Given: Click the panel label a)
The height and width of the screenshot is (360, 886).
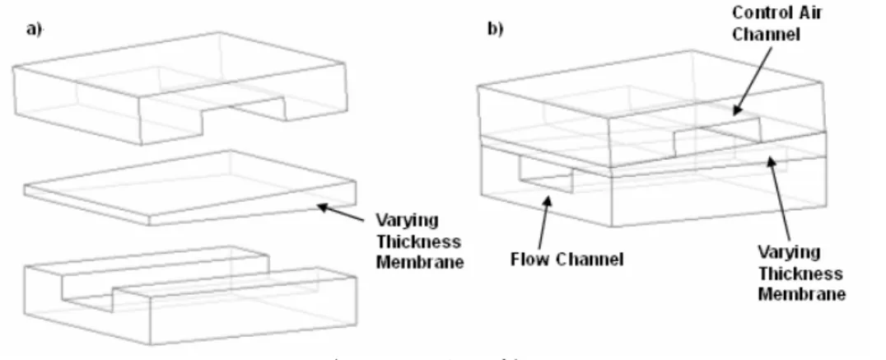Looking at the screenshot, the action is [x=34, y=30].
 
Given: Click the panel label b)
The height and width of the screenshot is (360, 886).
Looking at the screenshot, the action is [x=496, y=29].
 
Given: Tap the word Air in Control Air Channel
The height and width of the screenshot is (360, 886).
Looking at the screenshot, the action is [x=808, y=12].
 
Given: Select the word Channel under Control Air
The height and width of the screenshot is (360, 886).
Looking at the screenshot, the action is [x=767, y=34].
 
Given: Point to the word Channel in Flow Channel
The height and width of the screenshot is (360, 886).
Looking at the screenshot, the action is [x=589, y=259].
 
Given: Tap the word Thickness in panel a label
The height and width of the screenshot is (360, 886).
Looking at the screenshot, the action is [x=418, y=242].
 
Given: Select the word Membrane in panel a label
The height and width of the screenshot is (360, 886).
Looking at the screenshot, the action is [x=420, y=262].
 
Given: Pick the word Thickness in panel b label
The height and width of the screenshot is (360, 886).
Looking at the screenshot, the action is [x=800, y=274].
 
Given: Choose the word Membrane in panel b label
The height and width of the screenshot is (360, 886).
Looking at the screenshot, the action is [x=801, y=294].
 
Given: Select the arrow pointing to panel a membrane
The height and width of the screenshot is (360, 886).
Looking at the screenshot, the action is [x=340, y=213].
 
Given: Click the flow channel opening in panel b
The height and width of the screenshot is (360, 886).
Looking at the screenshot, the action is [x=547, y=175].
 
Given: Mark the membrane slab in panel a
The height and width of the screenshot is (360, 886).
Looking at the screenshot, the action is [x=190, y=188].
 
